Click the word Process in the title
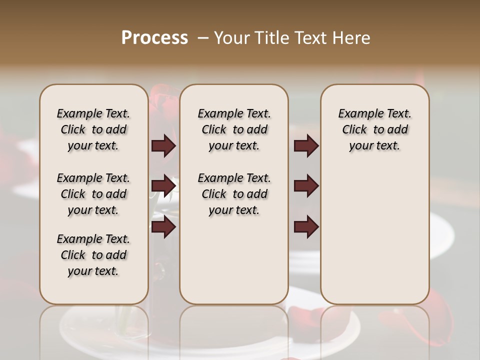click(x=154, y=38)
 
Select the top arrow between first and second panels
click(x=163, y=146)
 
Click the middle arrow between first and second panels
click(x=163, y=186)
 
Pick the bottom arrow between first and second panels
click(x=163, y=226)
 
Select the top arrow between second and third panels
click(x=306, y=146)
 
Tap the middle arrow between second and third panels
click(x=306, y=186)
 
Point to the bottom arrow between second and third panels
click(x=306, y=226)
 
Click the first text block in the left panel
click(x=93, y=129)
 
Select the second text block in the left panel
click(x=93, y=194)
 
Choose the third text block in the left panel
click(x=93, y=255)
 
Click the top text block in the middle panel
click(x=234, y=129)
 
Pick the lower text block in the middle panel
click(x=234, y=194)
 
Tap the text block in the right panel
click(x=375, y=129)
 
